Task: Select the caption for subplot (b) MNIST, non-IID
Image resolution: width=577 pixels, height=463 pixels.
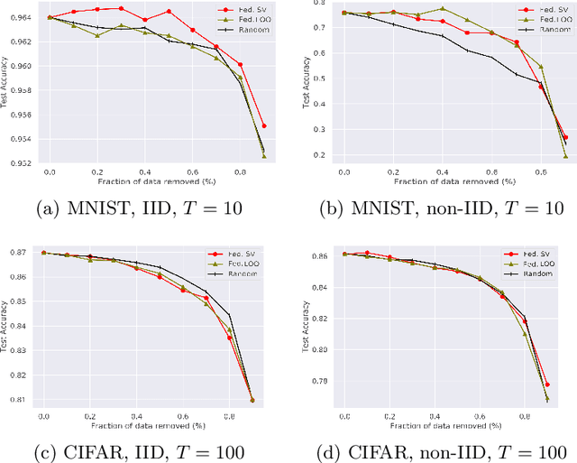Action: (x=439, y=209)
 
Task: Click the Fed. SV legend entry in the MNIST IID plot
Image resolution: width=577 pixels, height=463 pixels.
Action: (x=243, y=11)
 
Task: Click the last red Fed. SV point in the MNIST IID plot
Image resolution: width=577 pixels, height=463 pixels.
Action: (x=263, y=125)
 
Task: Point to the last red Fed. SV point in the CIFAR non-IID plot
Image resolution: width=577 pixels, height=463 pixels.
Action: (x=547, y=384)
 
